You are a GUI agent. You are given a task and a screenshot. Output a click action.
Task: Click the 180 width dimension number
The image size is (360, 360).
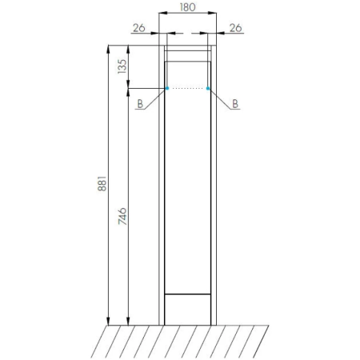coord(187,7)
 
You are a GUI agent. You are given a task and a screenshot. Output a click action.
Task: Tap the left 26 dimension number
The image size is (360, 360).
coord(139,28)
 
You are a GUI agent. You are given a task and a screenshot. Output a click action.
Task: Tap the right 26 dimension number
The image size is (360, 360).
coord(235,28)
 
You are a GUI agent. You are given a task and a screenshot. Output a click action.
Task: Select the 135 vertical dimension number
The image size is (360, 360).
coord(122,66)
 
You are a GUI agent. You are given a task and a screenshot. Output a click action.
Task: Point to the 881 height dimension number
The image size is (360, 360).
coord(102,183)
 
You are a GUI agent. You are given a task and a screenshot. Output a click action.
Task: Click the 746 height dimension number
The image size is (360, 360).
coord(122,216)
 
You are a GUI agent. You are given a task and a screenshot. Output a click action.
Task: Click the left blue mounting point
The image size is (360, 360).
coord(167,88)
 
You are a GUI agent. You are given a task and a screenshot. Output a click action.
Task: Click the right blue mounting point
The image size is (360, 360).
coord(208,88)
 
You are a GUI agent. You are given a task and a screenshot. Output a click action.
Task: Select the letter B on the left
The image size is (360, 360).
coord(140,104)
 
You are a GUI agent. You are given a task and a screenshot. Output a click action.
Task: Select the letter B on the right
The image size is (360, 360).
coord(235,104)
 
